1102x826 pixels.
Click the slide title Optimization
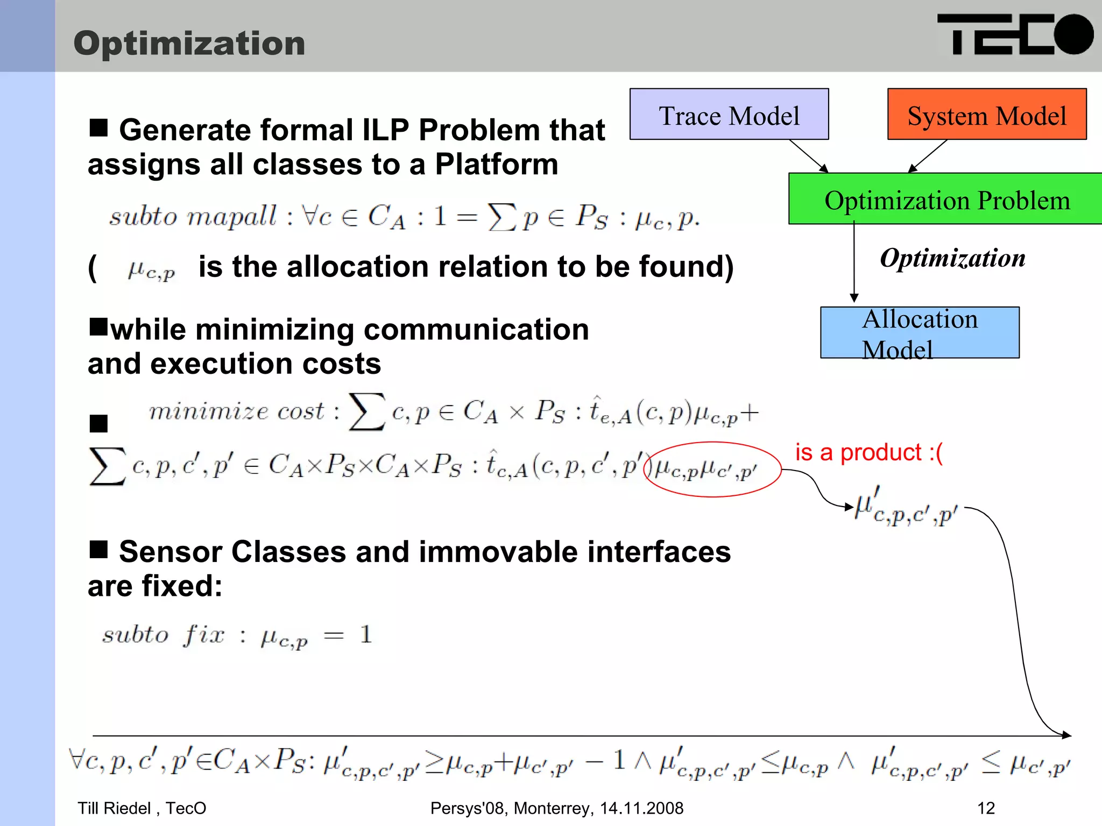189,43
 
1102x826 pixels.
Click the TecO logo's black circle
1073,34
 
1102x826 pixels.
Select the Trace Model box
729,115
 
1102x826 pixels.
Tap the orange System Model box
987,115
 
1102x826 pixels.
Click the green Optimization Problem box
947,199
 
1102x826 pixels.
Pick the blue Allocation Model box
920,333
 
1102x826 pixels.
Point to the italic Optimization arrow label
952,258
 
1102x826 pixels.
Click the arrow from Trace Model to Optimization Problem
809,156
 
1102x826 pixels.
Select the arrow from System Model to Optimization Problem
928,156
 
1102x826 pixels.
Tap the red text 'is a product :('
868,453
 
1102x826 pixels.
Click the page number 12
986,808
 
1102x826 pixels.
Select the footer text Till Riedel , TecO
142,808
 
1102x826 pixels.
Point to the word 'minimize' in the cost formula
208,411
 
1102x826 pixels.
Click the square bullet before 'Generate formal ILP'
98,128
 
